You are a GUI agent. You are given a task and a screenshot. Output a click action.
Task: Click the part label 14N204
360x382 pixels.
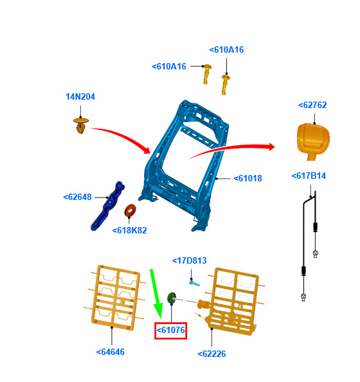80,96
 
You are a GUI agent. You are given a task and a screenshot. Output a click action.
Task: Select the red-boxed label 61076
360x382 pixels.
170,331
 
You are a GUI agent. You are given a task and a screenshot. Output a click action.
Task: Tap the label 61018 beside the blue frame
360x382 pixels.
248,178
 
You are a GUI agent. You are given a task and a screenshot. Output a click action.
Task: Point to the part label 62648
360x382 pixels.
77,197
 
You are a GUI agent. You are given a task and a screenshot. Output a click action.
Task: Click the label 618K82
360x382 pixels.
130,230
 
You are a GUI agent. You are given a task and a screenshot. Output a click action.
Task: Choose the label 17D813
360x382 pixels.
189,260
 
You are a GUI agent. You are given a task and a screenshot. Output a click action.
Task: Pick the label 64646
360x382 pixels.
111,352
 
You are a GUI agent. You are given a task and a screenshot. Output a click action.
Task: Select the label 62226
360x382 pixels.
212,354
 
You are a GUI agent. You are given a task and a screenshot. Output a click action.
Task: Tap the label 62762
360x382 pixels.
312,105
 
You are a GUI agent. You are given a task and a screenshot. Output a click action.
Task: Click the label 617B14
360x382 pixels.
309,176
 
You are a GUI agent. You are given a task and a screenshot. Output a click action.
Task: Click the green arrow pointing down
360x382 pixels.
156,294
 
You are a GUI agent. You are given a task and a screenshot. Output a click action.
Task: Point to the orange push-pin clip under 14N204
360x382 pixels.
80,125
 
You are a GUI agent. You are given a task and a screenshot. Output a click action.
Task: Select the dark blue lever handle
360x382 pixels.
107,206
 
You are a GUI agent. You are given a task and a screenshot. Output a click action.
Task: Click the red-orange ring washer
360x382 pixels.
130,210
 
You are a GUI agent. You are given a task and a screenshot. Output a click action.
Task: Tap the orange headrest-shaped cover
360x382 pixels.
313,141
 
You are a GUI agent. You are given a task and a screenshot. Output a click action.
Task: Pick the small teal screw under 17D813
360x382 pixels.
194,283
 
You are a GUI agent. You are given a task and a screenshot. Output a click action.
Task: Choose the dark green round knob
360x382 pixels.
172,298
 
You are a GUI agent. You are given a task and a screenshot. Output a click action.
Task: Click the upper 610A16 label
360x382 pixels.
226,50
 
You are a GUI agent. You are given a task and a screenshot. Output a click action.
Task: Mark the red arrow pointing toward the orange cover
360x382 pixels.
231,149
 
